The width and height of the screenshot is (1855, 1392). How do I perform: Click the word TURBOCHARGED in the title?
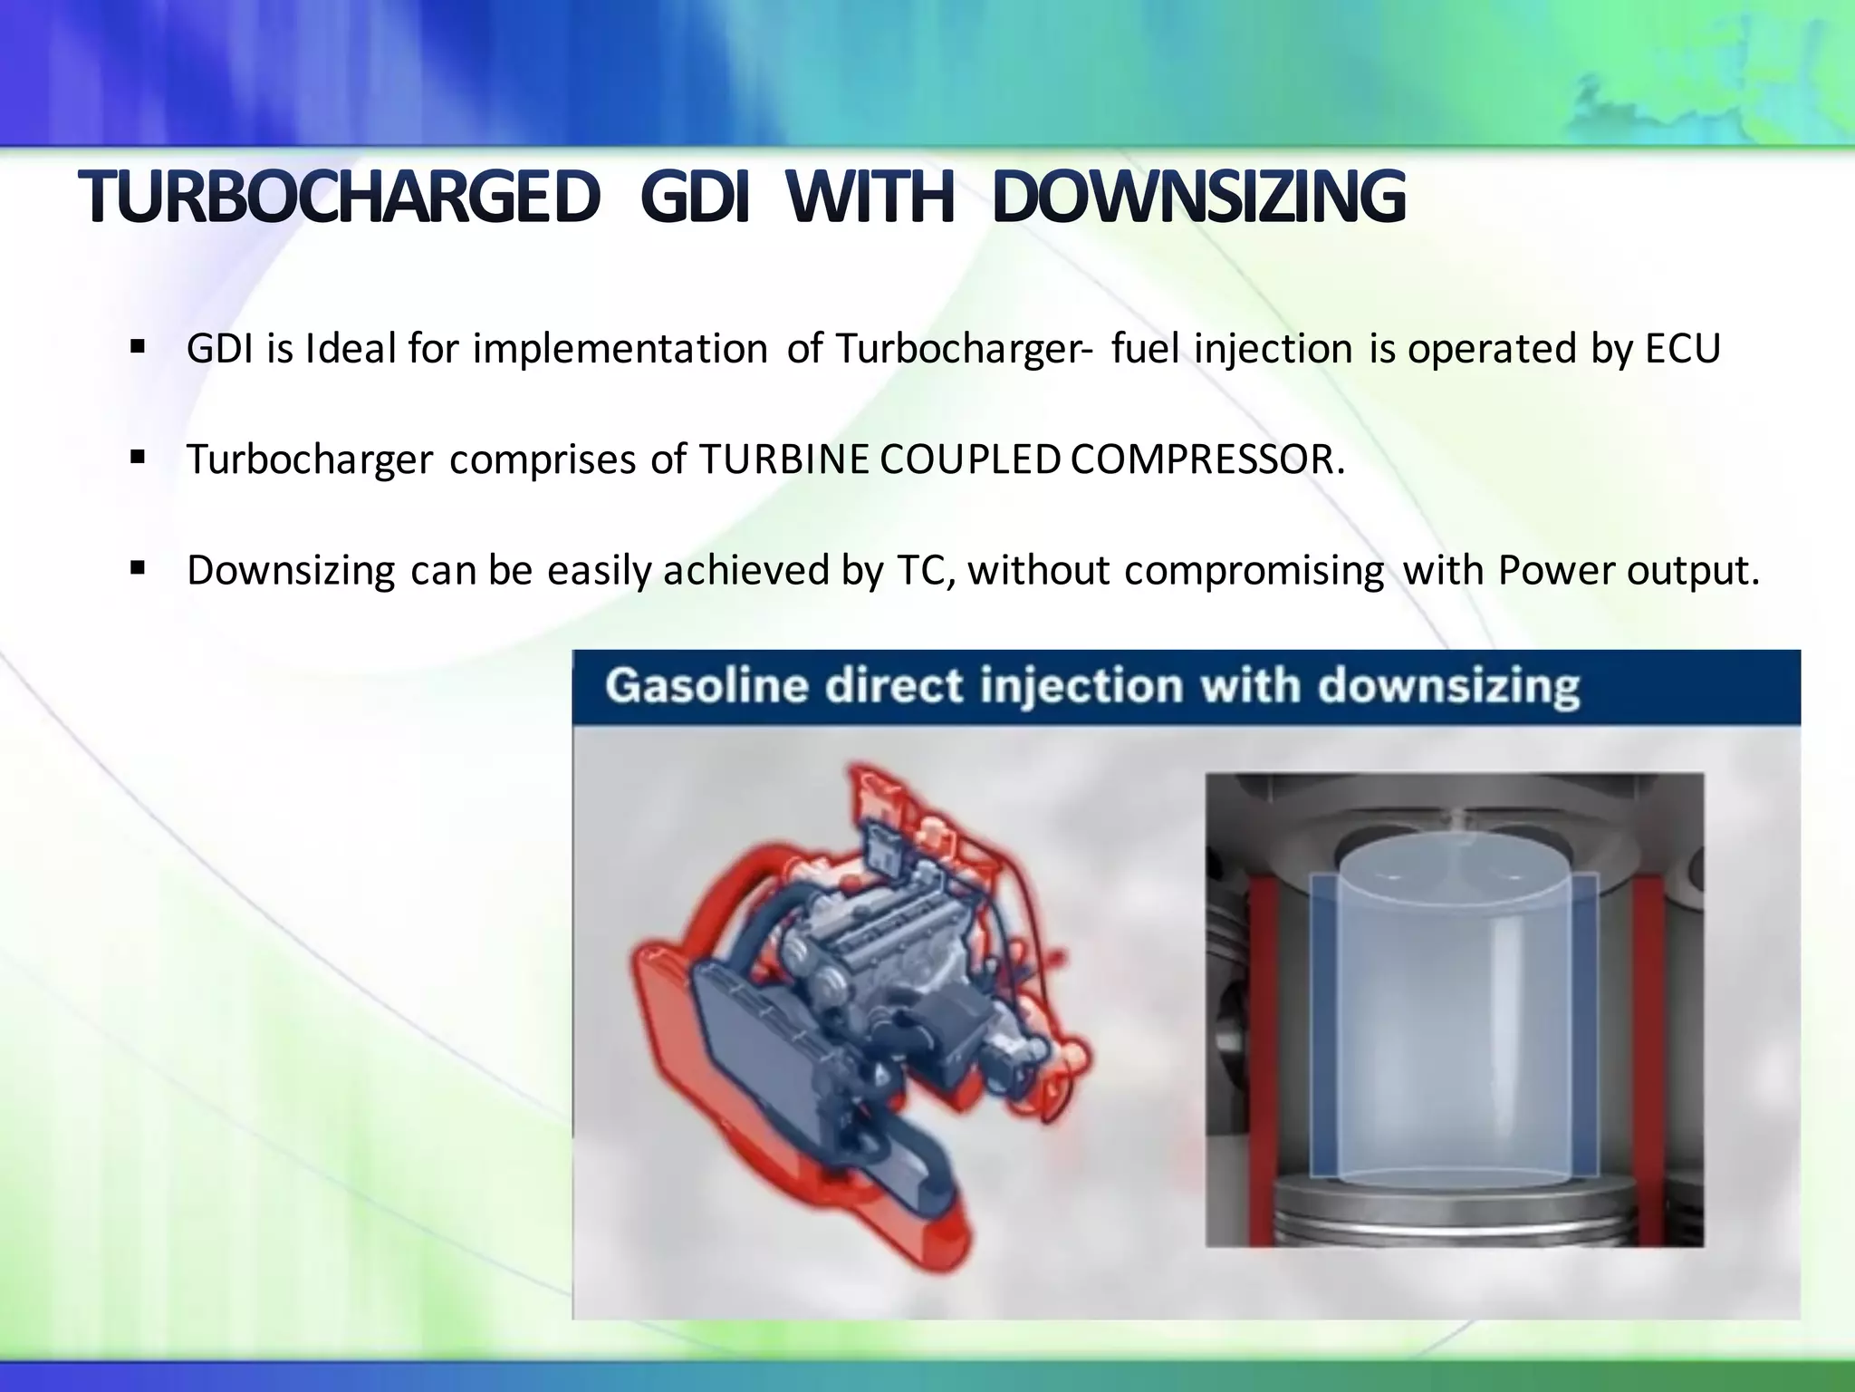[x=339, y=198]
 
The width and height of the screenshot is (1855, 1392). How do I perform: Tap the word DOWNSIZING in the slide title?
[x=1198, y=198]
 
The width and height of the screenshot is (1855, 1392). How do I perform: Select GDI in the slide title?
[x=695, y=198]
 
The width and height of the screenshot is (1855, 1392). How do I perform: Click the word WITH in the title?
[x=870, y=198]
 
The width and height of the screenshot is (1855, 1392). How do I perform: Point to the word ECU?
[x=1683, y=349]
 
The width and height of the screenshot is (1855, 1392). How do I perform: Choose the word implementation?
[x=620, y=349]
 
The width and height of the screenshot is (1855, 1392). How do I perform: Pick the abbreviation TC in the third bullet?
[x=924, y=571]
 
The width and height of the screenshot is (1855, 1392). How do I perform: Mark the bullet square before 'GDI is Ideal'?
[x=138, y=347]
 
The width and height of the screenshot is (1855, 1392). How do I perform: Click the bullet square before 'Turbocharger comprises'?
[x=138, y=458]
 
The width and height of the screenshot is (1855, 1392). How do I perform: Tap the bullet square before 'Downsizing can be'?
[x=138, y=569]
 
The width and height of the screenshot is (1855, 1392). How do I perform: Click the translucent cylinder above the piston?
[x=1454, y=1006]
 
